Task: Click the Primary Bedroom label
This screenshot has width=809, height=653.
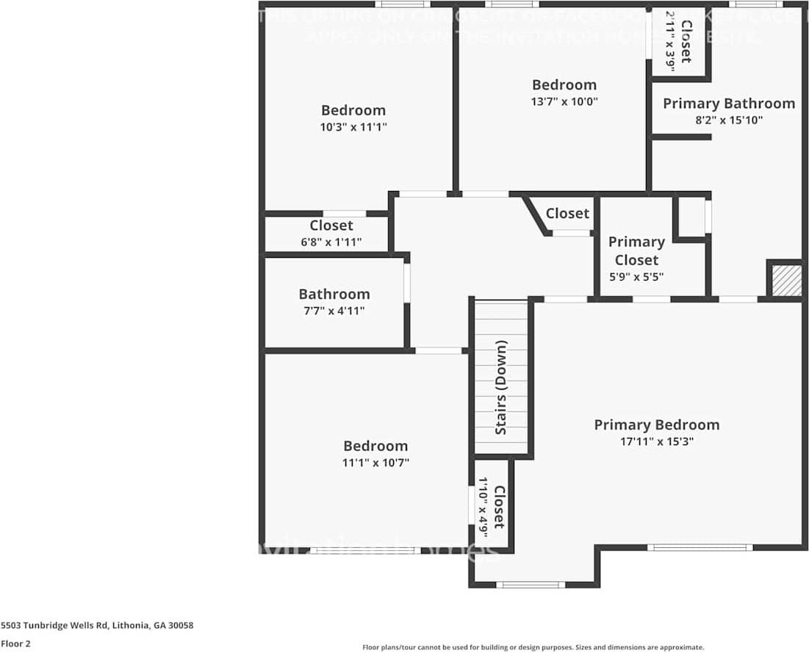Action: (656, 425)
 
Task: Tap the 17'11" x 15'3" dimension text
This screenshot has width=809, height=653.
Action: (656, 441)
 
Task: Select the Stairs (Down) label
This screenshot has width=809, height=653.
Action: (501, 387)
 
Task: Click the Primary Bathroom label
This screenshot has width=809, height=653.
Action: (728, 104)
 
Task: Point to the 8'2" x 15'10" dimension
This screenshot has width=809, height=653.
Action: (728, 120)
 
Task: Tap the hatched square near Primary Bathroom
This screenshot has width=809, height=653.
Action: (785, 281)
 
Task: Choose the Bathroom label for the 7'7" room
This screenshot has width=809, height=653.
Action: (334, 294)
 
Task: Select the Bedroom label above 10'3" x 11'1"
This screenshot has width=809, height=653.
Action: (353, 110)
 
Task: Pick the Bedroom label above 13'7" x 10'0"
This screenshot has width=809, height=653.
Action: (564, 84)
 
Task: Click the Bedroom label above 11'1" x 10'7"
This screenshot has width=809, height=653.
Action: (375, 446)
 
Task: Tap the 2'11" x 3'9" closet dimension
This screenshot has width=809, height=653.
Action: (670, 40)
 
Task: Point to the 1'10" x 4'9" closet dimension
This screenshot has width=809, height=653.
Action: (483, 508)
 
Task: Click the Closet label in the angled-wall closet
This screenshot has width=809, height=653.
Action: (567, 213)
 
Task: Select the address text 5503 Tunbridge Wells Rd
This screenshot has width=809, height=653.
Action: (97, 625)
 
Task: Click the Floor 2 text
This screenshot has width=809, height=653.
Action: (15, 643)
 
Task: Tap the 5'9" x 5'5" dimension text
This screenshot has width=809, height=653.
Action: (636, 277)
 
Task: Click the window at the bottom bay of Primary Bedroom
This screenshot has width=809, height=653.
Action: (531, 585)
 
